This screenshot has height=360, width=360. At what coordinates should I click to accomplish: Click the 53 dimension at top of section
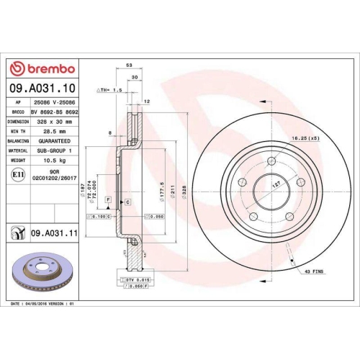coord(129,66)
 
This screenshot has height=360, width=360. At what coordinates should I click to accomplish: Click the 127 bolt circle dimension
coord(276,185)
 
